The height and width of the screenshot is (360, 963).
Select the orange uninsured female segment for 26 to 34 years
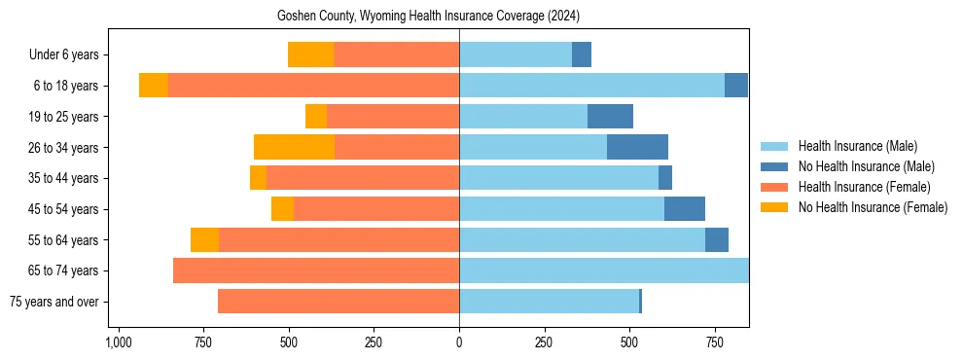tap(294, 147)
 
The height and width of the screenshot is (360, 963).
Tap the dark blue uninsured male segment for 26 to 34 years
tap(637, 147)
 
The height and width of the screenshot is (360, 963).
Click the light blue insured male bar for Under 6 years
tap(516, 54)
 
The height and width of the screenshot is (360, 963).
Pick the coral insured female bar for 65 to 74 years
tap(316, 270)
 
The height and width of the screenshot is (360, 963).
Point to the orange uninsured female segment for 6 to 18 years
tap(154, 86)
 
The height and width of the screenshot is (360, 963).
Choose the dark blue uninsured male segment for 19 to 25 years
tap(610, 117)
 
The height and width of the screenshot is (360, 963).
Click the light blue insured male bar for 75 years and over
tap(549, 302)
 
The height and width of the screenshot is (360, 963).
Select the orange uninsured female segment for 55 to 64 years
tap(204, 239)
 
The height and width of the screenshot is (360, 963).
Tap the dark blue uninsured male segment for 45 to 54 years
tap(684, 209)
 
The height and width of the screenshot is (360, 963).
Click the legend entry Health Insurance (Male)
tap(857, 146)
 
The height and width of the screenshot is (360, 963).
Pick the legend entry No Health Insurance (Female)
tap(873, 207)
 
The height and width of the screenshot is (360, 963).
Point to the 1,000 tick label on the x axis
tap(118, 342)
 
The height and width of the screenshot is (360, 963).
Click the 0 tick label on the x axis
tap(459, 342)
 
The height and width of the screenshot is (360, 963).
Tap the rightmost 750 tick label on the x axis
tap(715, 342)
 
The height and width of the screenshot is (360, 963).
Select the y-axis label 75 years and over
tap(53, 302)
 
